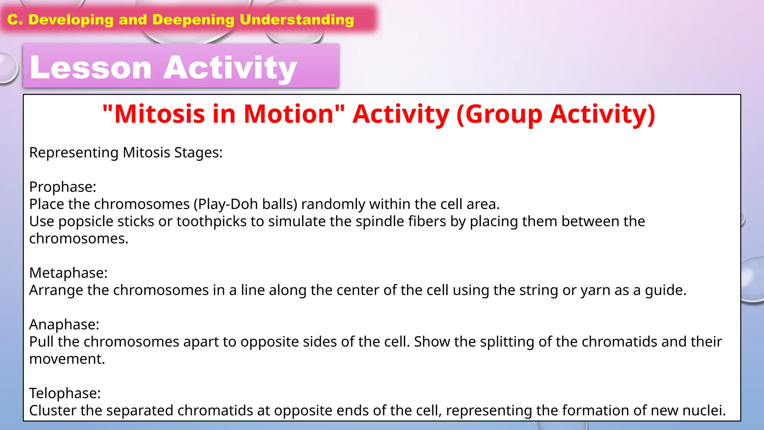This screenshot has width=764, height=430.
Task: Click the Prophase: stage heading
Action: [x=63, y=187]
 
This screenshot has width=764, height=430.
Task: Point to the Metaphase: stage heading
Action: [x=68, y=273]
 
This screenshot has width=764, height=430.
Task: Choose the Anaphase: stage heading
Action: [x=64, y=324]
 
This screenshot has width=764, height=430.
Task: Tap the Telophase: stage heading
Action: [x=65, y=393]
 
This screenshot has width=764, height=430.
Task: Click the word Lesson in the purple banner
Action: [x=91, y=68]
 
